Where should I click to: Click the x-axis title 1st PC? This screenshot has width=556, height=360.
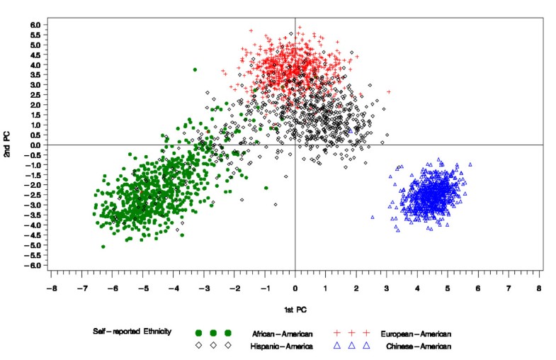pos(295,309)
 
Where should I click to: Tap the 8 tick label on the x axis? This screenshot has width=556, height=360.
pos(539,289)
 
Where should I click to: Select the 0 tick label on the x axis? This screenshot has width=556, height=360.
pos(295,289)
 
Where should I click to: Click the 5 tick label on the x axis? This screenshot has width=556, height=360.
pos(448,289)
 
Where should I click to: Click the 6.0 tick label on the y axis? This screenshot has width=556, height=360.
pos(35,25)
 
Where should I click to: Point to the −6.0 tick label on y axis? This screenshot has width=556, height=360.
pos(34,265)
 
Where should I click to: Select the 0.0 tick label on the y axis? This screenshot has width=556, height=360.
pos(35,145)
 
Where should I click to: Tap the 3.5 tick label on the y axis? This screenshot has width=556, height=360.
pos(35,75)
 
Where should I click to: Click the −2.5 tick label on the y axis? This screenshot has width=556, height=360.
pos(34,195)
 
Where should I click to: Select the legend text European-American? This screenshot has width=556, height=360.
pos(416,333)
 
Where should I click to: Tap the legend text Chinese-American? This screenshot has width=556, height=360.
pos(419,346)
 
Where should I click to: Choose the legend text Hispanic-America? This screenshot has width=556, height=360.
pos(283,346)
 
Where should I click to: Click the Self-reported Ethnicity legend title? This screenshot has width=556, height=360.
pos(132,332)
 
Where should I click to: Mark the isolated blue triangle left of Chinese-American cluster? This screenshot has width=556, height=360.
pos(373,218)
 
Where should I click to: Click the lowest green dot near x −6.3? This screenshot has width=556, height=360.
pos(103,247)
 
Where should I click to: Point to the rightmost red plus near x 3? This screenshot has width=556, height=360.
pos(388,91)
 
